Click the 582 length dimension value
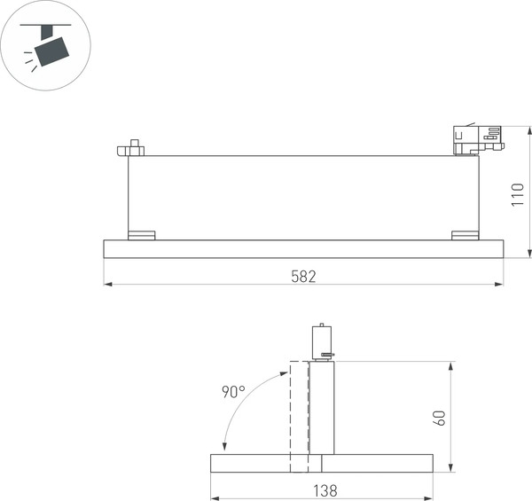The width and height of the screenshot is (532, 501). tap(303, 276)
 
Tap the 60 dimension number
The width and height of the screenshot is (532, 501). tap(439, 417)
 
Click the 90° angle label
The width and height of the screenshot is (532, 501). tap(233, 392)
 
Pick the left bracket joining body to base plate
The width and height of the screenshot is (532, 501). tap(141, 235)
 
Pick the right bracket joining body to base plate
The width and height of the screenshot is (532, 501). tap(465, 235)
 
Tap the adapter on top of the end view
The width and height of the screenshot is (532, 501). tap(322, 341)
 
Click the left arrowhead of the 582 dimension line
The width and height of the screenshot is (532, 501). tap(107, 285)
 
